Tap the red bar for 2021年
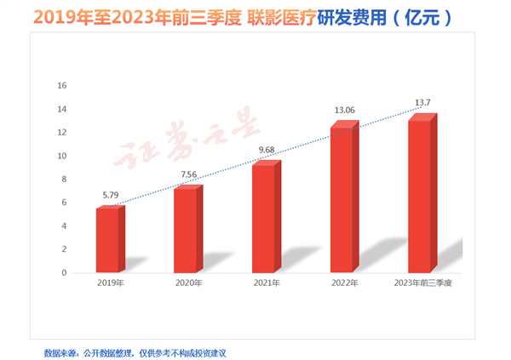[264, 219]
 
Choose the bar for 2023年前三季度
[420, 197]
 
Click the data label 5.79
[111, 195]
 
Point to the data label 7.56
[189, 174]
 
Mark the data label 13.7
[423, 102]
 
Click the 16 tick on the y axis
[61, 86]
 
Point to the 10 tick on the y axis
[61, 156]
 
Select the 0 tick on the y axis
[64, 273]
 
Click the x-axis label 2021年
[267, 282]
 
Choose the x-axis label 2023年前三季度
[424, 282]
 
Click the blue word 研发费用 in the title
[349, 16]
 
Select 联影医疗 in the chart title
[273, 16]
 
